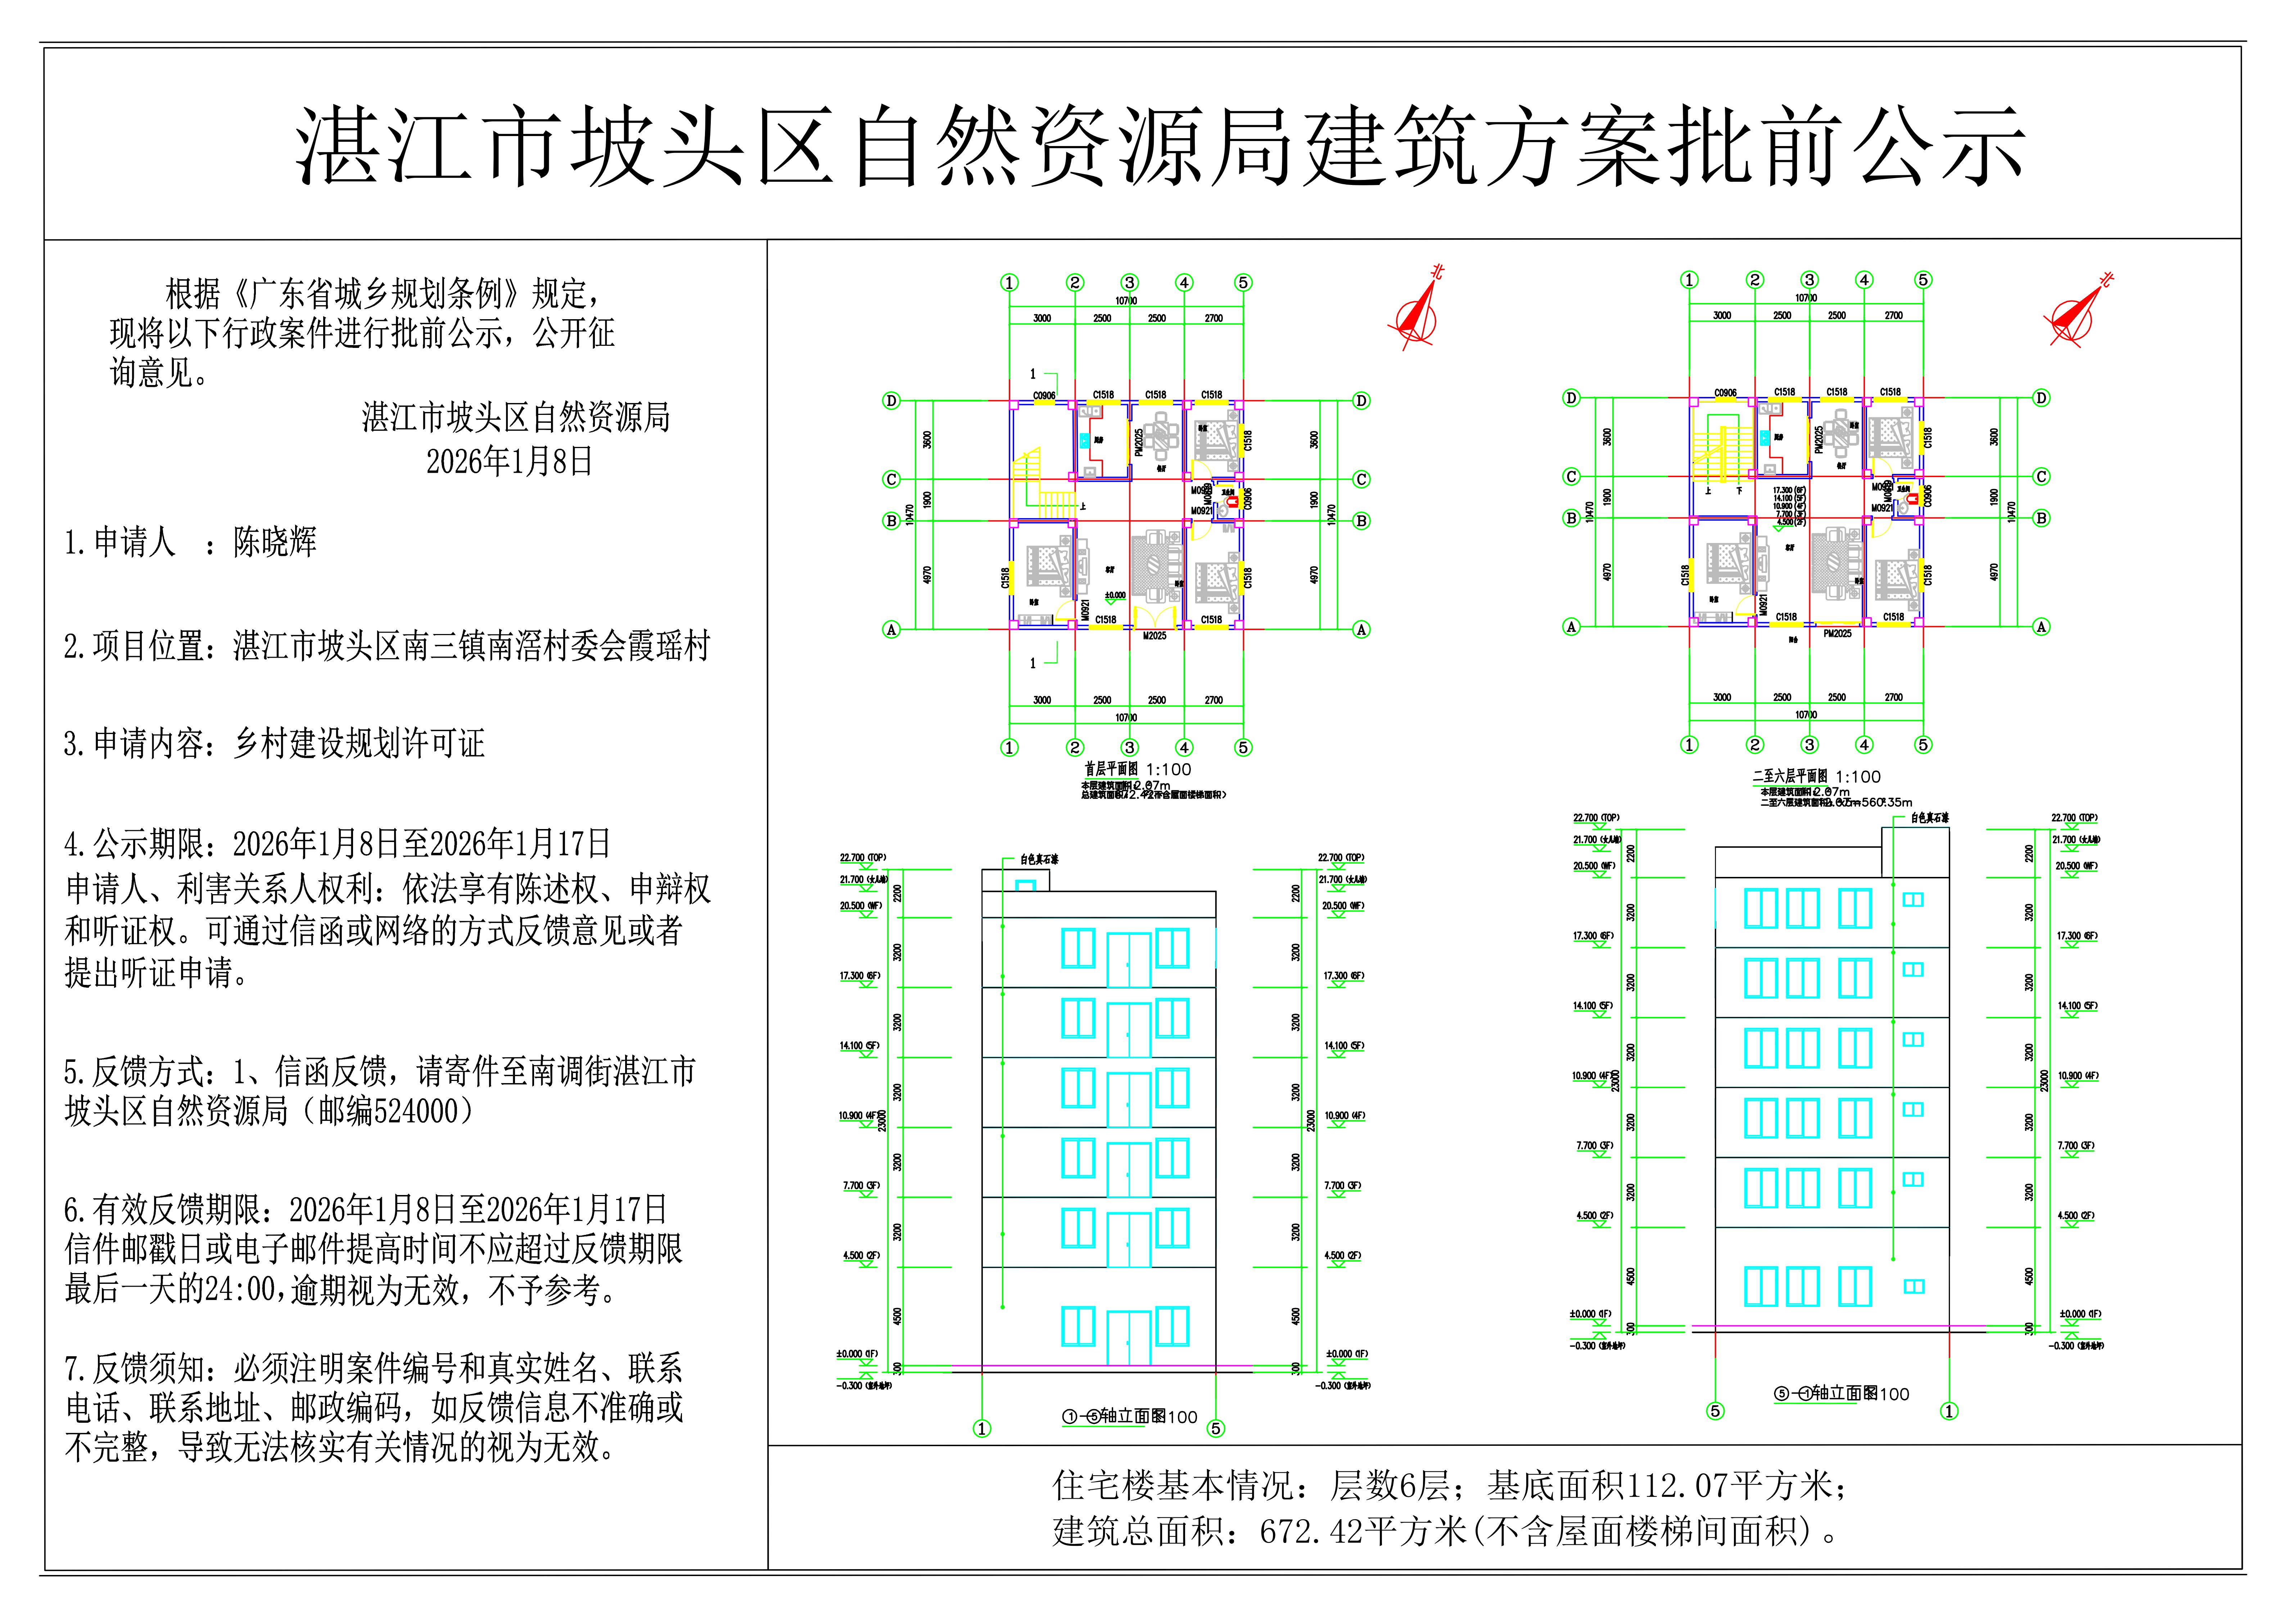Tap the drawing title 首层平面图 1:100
[x=1137, y=769]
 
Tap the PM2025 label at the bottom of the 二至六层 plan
[x=1837, y=633]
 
